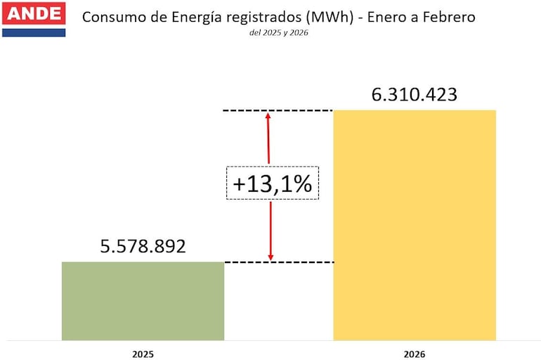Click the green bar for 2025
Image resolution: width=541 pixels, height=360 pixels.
tap(143, 301)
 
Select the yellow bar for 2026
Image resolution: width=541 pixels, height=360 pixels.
tap(415, 225)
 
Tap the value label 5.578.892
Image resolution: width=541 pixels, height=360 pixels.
tap(143, 247)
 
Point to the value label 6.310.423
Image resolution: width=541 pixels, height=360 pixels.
tap(414, 94)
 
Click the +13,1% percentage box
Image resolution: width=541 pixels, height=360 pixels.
tap(273, 184)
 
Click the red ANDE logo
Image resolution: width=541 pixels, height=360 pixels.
tap(33, 13)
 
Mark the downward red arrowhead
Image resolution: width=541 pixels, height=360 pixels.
tap(270, 257)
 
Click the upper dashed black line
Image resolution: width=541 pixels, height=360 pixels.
tap(278, 110)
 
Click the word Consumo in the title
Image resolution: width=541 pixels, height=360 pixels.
tap(111, 17)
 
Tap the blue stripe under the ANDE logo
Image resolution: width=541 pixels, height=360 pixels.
tap(33, 32)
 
